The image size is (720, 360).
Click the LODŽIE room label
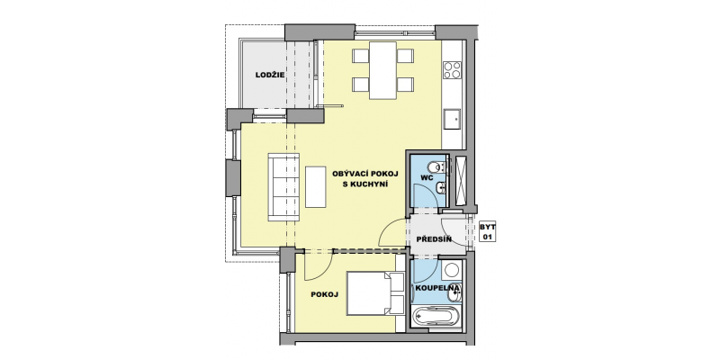click(x=270, y=75)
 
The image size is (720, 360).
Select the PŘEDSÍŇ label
click(x=434, y=239)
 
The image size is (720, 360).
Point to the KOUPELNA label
click(x=437, y=288)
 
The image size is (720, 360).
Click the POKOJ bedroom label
click(x=325, y=295)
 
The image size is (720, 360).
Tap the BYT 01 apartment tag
click(x=487, y=231)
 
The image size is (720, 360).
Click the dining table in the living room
click(x=383, y=70)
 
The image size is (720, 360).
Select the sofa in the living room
click(x=283, y=187)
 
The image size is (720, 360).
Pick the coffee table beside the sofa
click(x=316, y=187)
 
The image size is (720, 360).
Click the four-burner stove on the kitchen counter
click(x=453, y=70)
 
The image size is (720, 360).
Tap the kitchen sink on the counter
click(x=453, y=120)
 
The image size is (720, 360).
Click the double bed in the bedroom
click(x=375, y=293)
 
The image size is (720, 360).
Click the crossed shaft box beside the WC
click(x=461, y=180)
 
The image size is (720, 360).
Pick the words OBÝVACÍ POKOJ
click(x=365, y=174)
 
